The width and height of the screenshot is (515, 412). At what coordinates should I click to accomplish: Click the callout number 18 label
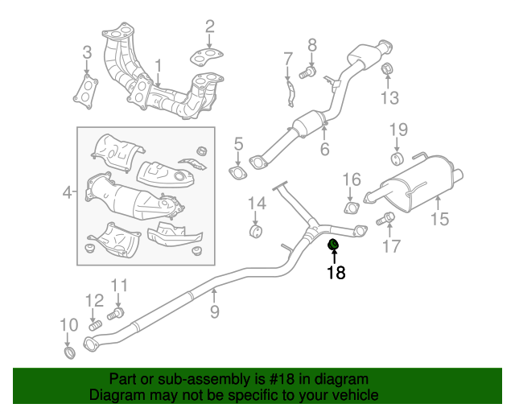click(x=336, y=273)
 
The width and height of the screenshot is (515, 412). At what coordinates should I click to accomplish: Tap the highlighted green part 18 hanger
click(x=334, y=245)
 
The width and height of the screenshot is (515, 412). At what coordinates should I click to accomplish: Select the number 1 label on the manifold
click(x=159, y=64)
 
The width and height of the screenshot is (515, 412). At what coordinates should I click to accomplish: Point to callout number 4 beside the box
click(x=68, y=192)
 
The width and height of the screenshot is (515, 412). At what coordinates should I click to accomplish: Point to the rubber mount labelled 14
click(x=257, y=233)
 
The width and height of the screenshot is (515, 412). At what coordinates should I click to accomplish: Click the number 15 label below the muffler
click(x=439, y=218)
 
